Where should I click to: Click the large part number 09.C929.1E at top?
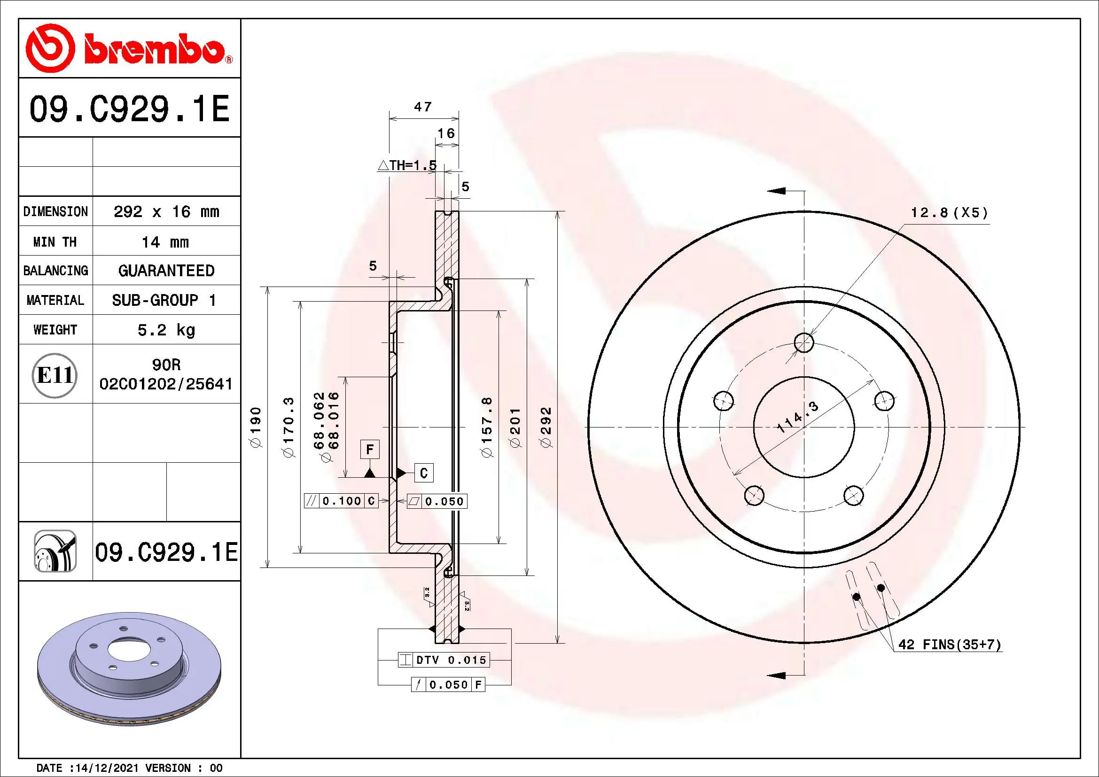pyautogui.click(x=129, y=109)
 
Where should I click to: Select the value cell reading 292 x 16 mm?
pyautogui.click(x=166, y=211)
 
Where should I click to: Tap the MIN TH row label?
pyautogui.click(x=55, y=241)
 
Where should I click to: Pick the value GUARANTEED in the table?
pyautogui.click(x=166, y=271)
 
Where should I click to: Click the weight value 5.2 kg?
pyautogui.click(x=166, y=330)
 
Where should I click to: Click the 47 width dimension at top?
pyautogui.click(x=423, y=107)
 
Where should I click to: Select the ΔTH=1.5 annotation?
pyautogui.click(x=407, y=165)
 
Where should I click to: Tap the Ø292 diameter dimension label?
pyautogui.click(x=546, y=427)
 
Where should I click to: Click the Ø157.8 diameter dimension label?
pyautogui.click(x=487, y=427)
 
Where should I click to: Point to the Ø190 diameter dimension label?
pyautogui.click(x=256, y=427)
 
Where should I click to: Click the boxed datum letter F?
pyautogui.click(x=369, y=450)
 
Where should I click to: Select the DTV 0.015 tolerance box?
pyautogui.click(x=444, y=660)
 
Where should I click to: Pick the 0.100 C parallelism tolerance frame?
pyautogui.click(x=341, y=501)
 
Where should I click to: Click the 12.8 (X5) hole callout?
pyautogui.click(x=949, y=212)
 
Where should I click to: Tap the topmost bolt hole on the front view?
pyautogui.click(x=803, y=342)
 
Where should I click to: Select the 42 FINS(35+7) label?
pyautogui.click(x=949, y=645)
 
